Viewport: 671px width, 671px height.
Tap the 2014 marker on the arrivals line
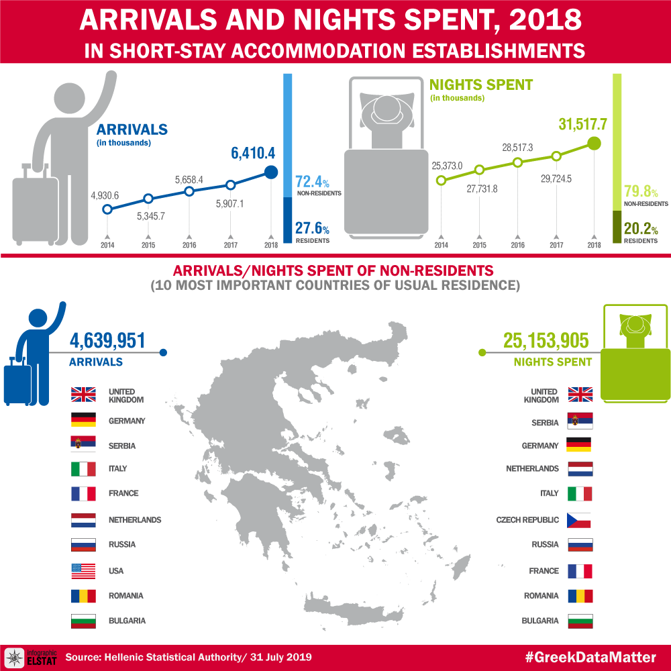click(x=107, y=209)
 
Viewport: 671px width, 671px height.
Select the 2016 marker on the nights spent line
click(x=517, y=162)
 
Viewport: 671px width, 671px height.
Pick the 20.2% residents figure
click(x=641, y=229)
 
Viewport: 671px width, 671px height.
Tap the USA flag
click(x=85, y=571)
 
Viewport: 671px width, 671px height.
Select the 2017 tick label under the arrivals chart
click(x=230, y=245)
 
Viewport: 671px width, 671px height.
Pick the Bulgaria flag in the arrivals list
click(x=85, y=621)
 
